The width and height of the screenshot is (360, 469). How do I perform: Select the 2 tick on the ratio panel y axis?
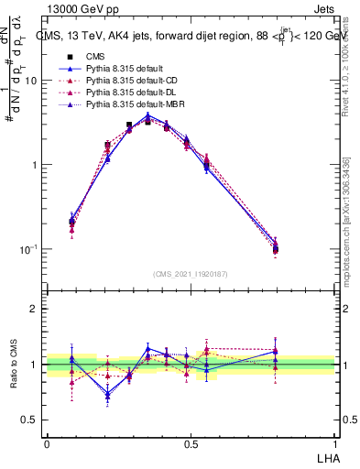coord(35,309)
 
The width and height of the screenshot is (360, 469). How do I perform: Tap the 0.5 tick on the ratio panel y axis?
coord(30,420)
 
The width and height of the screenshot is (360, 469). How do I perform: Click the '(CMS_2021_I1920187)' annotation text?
coord(191,274)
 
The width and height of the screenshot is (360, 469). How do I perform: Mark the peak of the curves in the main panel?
coord(148,117)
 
